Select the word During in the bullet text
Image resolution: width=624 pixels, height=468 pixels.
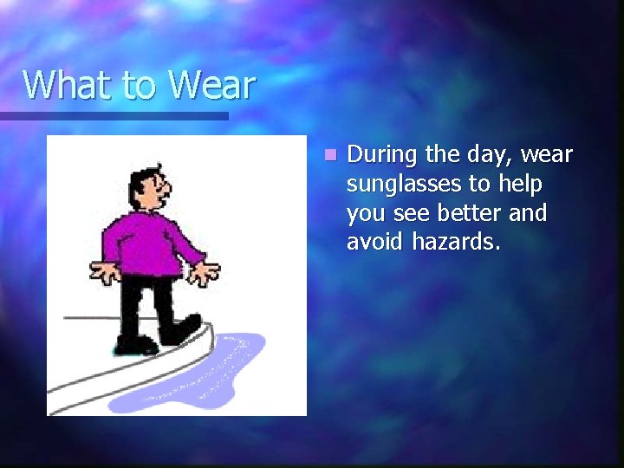coord(380,155)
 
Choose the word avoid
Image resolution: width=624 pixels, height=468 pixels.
coord(372,243)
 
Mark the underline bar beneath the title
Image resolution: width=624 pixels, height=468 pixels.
coord(113,115)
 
